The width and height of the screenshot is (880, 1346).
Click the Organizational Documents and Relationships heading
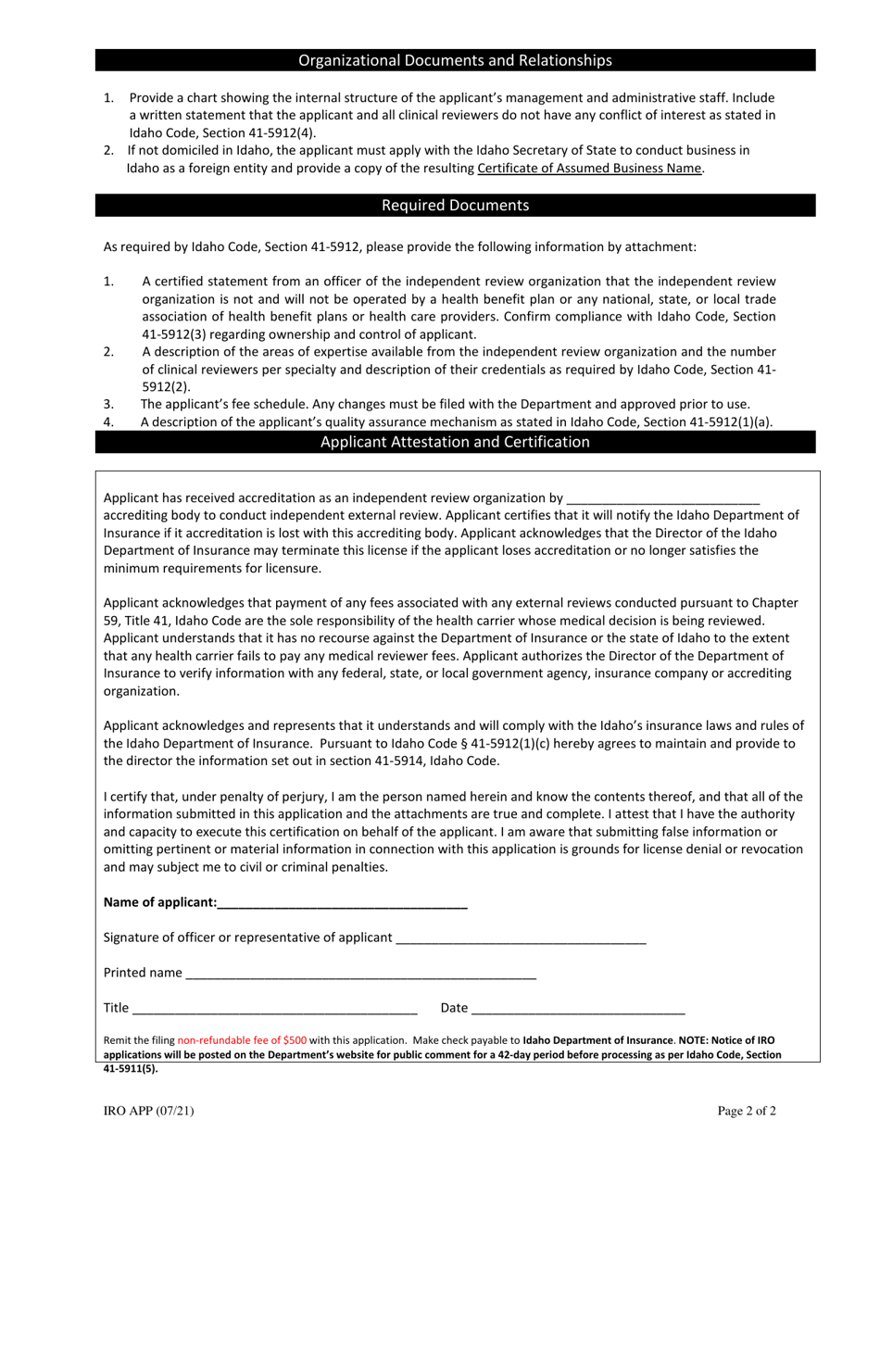tap(455, 60)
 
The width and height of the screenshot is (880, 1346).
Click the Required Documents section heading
tap(455, 205)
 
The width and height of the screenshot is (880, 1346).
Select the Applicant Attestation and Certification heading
tap(455, 442)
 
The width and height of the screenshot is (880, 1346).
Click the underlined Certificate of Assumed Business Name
tap(589, 168)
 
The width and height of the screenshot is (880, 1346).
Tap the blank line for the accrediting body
tap(662, 498)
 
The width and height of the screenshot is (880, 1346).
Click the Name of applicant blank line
tap(343, 903)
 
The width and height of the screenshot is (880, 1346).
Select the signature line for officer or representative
tap(521, 938)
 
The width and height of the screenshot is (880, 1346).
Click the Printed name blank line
tap(360, 974)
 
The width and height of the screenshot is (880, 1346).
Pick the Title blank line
tap(274, 1009)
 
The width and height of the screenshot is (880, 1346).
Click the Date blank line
tap(578, 1009)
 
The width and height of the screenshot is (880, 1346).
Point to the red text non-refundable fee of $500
tap(242, 1040)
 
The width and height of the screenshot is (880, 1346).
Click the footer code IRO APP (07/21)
tap(149, 1112)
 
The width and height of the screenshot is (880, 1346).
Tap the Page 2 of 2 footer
tap(747, 1112)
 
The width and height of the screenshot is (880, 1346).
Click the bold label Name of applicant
tap(160, 902)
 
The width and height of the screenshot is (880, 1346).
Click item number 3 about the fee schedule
tap(445, 404)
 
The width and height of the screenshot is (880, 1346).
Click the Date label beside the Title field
tap(454, 1008)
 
